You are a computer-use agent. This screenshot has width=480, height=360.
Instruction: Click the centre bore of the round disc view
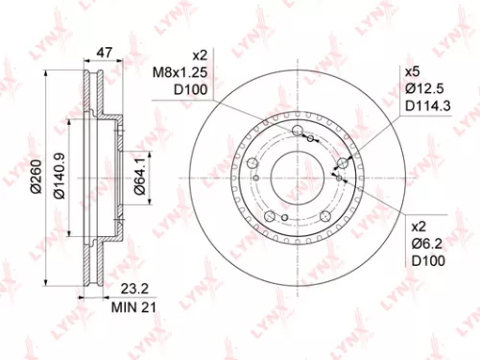coord(294,173)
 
